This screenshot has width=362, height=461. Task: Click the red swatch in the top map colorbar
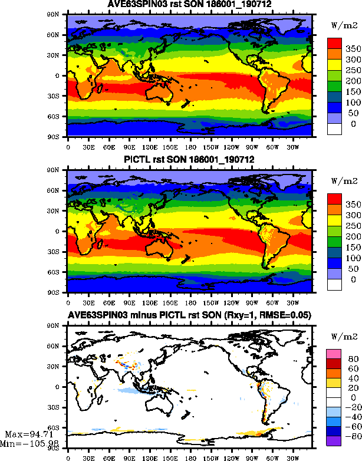(335, 43)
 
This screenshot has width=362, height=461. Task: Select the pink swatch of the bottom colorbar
(335, 353)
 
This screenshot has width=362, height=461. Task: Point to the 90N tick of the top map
(58, 14)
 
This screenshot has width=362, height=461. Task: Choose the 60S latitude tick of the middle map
(58, 272)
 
